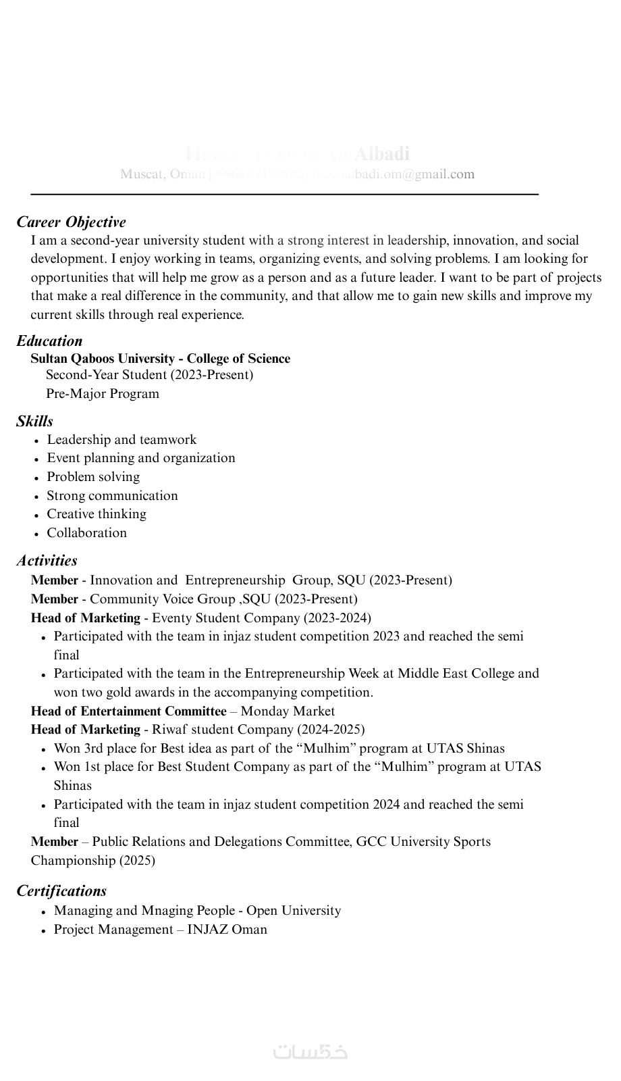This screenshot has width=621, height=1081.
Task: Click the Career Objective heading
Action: pyautogui.click(x=71, y=222)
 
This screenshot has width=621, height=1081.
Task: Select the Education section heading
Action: pyautogui.click(x=49, y=341)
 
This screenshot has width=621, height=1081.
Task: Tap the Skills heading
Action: pyautogui.click(x=34, y=422)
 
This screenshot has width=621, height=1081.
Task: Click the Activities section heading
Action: pyautogui.click(x=47, y=561)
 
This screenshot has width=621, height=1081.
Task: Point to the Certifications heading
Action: pyautogui.click(x=61, y=891)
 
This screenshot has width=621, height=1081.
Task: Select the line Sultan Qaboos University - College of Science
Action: pyautogui.click(x=160, y=359)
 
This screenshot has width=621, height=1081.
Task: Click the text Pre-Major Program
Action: pyautogui.click(x=103, y=394)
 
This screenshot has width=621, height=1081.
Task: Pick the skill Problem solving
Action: pyautogui.click(x=93, y=477)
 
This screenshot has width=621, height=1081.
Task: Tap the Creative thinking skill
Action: pyautogui.click(x=97, y=514)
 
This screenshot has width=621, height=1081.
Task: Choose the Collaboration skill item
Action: pyautogui.click(x=86, y=533)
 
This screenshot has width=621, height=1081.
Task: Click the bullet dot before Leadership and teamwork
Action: pyautogui.click(x=36, y=441)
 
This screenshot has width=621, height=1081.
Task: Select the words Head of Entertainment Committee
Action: pyautogui.click(x=128, y=711)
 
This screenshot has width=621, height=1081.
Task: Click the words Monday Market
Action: pyautogui.click(x=288, y=711)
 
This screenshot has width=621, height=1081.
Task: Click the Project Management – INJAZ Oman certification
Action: pyautogui.click(x=161, y=930)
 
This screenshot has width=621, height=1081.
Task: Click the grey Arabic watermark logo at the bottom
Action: pyautogui.click(x=310, y=1052)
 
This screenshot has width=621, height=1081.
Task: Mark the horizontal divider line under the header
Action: pyautogui.click(x=284, y=195)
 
